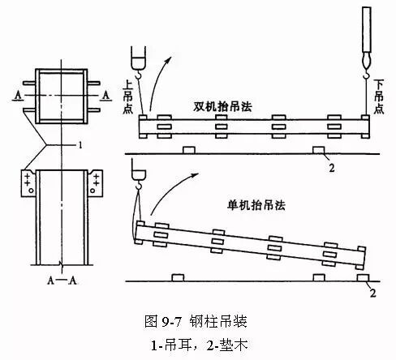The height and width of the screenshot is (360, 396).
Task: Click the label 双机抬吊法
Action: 222,106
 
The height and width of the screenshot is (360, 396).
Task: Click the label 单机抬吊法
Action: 256,205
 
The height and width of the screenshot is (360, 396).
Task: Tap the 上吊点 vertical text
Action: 127,96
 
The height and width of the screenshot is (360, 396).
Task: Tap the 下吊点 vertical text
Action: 379,96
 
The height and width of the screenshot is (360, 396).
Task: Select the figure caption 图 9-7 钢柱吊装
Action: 196,321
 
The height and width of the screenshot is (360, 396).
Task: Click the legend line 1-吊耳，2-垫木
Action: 199,345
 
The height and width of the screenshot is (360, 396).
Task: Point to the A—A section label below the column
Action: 62,281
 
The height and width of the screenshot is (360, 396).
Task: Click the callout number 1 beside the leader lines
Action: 80,145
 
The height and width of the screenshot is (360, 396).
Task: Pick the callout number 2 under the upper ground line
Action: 332,168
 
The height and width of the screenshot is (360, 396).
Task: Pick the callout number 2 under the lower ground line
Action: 372,293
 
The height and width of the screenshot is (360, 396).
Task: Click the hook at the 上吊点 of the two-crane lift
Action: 138,74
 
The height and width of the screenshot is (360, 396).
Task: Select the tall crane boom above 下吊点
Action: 366,29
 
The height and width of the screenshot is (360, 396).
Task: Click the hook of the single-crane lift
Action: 138,185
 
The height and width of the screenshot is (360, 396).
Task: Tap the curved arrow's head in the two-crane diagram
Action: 169,60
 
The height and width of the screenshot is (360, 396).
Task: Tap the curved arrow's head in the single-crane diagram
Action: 195,175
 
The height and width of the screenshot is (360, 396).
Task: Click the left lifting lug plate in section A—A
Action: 28,183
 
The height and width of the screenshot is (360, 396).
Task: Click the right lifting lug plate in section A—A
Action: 96,183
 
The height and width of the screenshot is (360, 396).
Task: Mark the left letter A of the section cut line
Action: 18,95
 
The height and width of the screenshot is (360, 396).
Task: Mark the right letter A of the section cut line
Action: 106,95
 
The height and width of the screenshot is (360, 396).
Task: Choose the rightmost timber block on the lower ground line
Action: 364,278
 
